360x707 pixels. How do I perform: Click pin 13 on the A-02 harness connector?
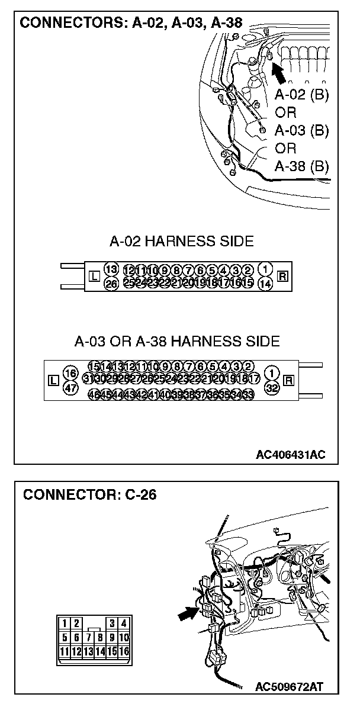tap(111, 269)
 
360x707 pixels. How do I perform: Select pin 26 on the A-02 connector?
tap(111, 284)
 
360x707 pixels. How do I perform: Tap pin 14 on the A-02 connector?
tap(266, 284)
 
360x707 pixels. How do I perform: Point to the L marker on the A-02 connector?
tap(93, 276)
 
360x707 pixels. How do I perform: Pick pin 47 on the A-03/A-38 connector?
tap(70, 388)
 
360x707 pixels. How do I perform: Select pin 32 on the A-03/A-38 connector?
tap(272, 388)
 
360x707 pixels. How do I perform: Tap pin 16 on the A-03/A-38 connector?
tap(70, 374)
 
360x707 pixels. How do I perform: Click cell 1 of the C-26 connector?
tap(65, 623)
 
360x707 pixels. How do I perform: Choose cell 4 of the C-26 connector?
tap(124, 623)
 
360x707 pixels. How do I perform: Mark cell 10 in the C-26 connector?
tap(124, 638)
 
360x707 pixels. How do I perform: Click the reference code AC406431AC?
tap(291, 454)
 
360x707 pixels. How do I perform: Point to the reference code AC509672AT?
tap(289, 687)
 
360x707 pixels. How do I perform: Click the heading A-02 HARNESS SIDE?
tap(182, 241)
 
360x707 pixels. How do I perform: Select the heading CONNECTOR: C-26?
tap(89, 494)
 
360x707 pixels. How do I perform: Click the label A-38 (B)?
tap(302, 165)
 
